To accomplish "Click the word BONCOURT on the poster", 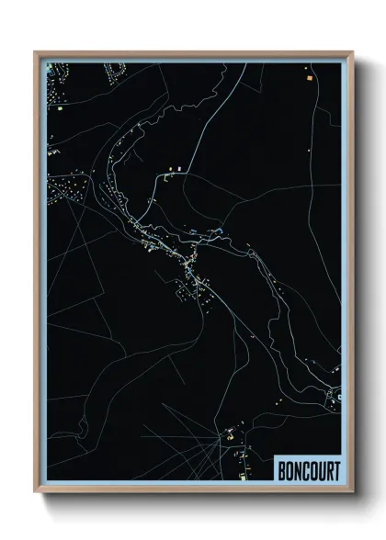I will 308,471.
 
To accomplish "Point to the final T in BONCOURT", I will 335,471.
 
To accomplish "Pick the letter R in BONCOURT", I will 327,471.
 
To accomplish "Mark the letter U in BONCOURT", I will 320,471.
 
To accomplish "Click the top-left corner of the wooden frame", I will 36,52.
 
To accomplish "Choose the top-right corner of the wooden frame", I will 350,52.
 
